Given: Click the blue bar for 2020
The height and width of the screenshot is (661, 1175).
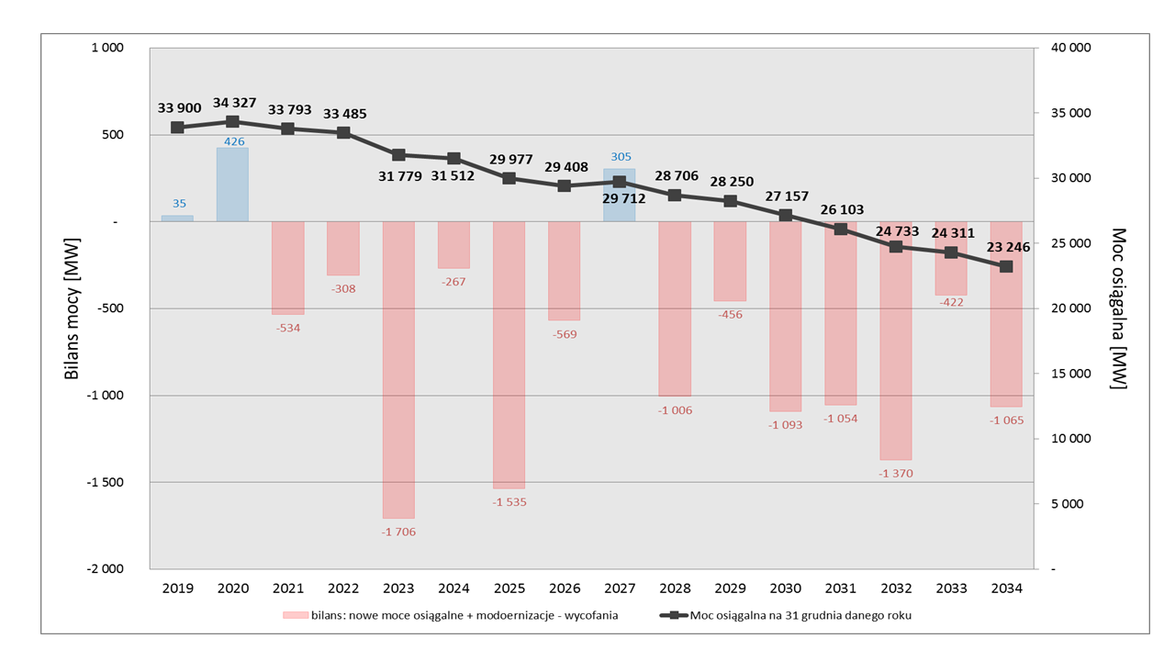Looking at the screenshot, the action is coord(232,185).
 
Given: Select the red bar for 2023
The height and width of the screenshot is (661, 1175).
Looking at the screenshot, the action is coord(398,370).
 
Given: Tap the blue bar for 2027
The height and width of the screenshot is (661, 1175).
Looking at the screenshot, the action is coord(619,196).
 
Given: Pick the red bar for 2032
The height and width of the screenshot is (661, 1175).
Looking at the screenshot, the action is coord(896,341).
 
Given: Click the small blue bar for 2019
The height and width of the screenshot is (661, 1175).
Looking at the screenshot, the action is coord(177,218).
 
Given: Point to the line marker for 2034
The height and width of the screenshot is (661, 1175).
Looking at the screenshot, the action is coord(1006,266).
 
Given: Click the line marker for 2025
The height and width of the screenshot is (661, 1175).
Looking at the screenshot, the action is coord(509,178).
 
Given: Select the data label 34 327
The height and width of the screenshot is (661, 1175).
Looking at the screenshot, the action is coord(234,103).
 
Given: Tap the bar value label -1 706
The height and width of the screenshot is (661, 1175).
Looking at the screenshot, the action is coord(398,532).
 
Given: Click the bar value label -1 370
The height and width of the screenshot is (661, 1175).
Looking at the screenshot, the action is coord(896,473).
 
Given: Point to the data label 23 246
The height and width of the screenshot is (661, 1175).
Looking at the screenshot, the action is coord(1008,247).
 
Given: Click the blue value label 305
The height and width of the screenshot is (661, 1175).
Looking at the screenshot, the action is coord(621,157).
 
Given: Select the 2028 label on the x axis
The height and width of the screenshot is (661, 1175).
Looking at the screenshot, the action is coord(675,588).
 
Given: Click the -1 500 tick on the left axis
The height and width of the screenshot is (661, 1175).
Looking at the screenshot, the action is coord(105,482).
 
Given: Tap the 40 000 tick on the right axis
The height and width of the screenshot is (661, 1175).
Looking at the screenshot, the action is coord(1071,48).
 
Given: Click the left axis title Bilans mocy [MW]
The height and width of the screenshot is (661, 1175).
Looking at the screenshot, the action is coord(72,308).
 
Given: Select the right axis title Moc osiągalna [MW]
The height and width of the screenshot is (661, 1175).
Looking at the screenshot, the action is coord(1118,308).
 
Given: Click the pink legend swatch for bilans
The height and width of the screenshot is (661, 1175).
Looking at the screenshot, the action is coord(296,615).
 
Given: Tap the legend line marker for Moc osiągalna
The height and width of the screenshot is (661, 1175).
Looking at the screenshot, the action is coord(674,615).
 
